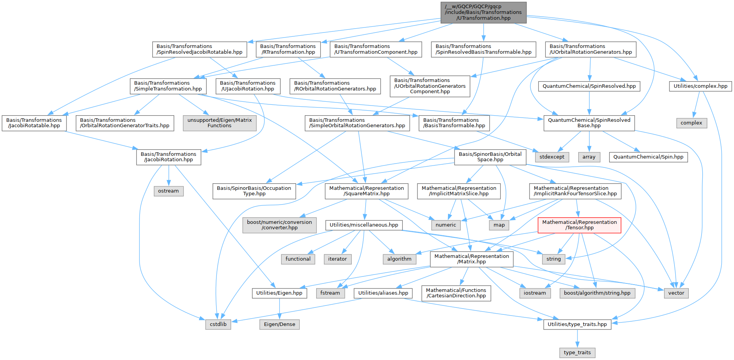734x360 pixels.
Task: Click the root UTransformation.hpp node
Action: (483, 12)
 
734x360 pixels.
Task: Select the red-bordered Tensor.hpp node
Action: (579, 225)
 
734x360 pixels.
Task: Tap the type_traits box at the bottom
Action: (577, 353)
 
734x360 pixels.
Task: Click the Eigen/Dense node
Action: (279, 324)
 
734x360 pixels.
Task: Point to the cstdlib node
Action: (218, 324)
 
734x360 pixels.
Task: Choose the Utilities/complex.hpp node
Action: (700, 86)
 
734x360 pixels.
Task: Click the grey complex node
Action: (691, 123)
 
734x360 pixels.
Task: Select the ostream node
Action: (168, 191)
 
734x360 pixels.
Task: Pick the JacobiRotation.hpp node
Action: (168, 157)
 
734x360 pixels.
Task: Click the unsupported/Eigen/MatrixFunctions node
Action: (219, 123)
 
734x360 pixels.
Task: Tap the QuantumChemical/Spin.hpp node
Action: (648, 157)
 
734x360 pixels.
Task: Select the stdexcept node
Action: (552, 157)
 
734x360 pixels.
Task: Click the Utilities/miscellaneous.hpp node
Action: (363, 225)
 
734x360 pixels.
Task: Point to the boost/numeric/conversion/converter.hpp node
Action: (279, 225)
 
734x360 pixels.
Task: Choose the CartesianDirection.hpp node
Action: (456, 293)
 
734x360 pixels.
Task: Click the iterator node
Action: (337, 259)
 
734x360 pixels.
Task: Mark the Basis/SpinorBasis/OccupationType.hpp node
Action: (254, 191)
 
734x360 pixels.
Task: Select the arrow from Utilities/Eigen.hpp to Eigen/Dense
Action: (279, 309)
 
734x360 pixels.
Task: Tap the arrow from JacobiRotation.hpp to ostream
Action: (168, 176)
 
